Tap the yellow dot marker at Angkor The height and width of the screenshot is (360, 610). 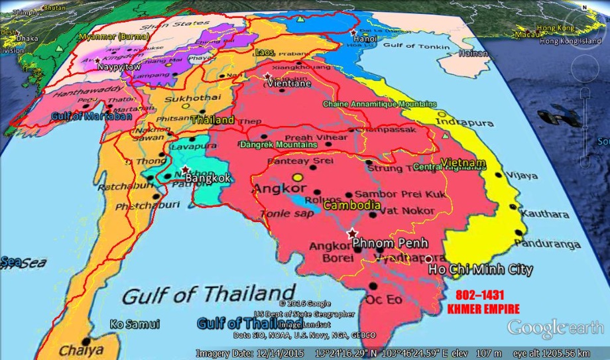pyautogui.click(x=298, y=177)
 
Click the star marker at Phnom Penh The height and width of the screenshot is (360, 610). pyautogui.click(x=352, y=233)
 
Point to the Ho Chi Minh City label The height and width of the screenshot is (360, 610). pyautogui.click(x=481, y=270)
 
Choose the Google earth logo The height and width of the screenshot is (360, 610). pyautogui.click(x=555, y=327)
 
